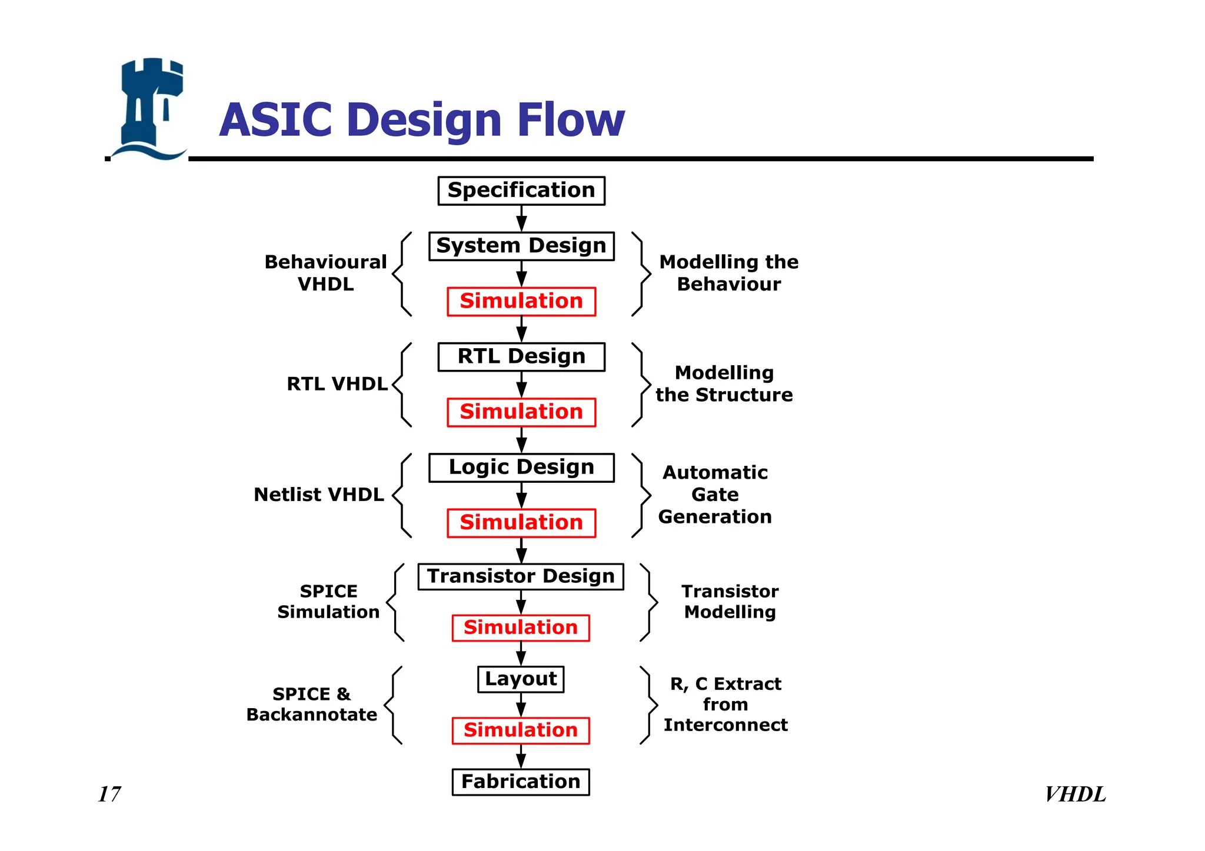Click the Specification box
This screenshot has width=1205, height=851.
click(x=521, y=191)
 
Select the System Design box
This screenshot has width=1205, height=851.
click(x=521, y=246)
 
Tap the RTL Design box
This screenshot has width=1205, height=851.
click(x=521, y=356)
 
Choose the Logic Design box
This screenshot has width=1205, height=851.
click(x=521, y=467)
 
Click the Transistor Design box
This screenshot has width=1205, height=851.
click(x=521, y=576)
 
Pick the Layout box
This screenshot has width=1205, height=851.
click(x=521, y=679)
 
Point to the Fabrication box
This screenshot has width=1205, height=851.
click(x=521, y=782)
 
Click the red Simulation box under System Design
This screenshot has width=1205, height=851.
click(x=521, y=301)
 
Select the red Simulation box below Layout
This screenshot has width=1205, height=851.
click(x=521, y=730)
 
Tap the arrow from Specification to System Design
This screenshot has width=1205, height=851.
click(x=521, y=219)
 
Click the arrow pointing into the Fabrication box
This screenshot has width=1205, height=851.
click(x=521, y=757)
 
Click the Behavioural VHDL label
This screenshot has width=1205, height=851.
click(x=325, y=273)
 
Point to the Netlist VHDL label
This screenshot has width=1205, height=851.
click(x=319, y=495)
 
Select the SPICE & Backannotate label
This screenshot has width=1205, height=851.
click(x=312, y=704)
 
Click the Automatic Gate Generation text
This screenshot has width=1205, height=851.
click(x=715, y=495)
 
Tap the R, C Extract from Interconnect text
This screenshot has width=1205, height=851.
click(x=725, y=704)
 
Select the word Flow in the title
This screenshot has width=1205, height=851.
click(x=571, y=120)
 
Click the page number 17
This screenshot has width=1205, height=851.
click(x=109, y=794)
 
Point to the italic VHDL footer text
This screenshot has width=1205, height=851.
click(x=1075, y=795)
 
